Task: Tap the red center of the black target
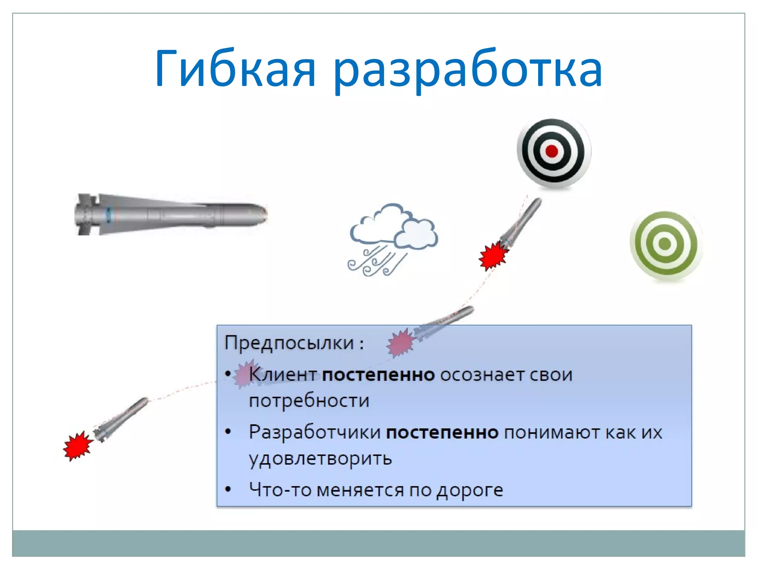[551, 151]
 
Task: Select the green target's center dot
[665, 243]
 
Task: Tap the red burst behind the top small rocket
[493, 256]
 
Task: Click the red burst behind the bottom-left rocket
[77, 446]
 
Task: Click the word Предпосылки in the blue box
[289, 343]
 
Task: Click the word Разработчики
[315, 432]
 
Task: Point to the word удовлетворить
[320, 459]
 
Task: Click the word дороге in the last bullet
[470, 490]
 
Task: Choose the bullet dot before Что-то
[228, 490]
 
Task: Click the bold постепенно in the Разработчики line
[442, 432]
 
